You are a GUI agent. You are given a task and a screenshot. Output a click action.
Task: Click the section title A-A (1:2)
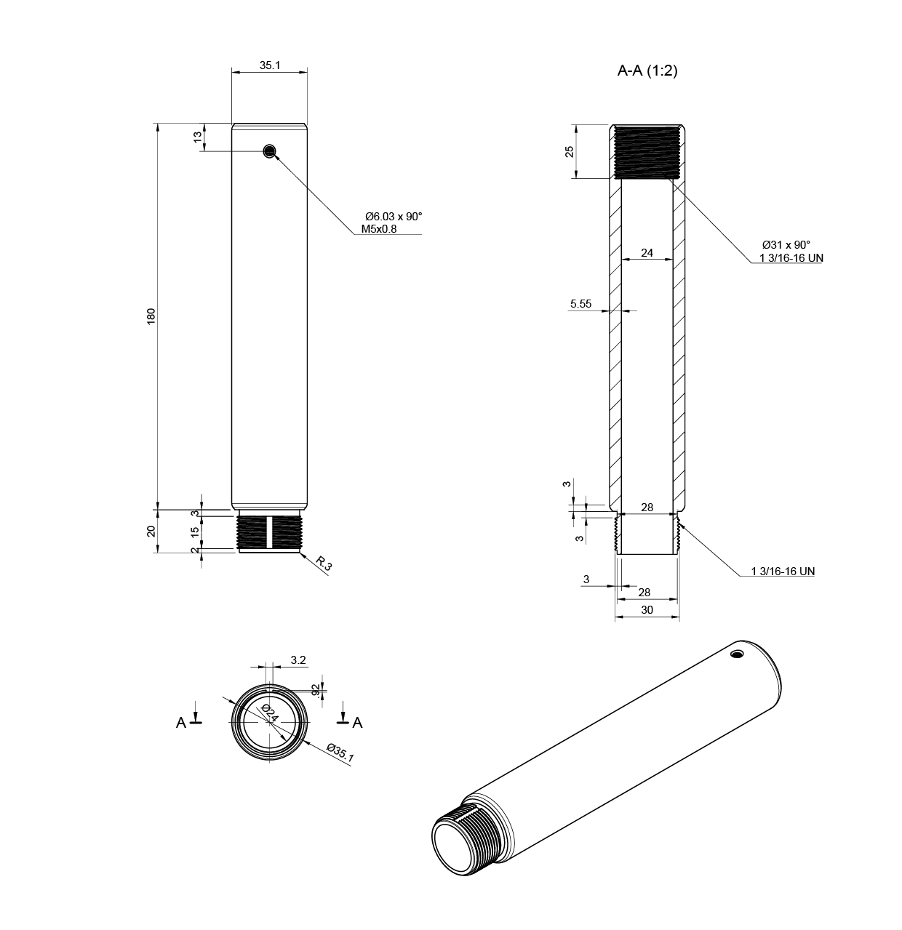[647, 71]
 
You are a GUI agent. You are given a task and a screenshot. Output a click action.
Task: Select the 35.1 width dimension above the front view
[270, 65]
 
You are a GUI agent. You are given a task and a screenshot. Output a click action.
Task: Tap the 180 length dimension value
[151, 317]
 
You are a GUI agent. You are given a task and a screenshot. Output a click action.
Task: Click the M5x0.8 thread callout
[378, 229]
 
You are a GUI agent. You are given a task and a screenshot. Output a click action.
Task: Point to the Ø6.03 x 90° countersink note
[394, 217]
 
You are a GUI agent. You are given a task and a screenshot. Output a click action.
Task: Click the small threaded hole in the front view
[270, 151]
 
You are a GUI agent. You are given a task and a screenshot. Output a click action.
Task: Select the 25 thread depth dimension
[569, 151]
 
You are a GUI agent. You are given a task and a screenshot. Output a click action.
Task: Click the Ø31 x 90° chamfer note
[786, 245]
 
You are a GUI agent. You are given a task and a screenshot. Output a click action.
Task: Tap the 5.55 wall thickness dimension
[580, 303]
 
